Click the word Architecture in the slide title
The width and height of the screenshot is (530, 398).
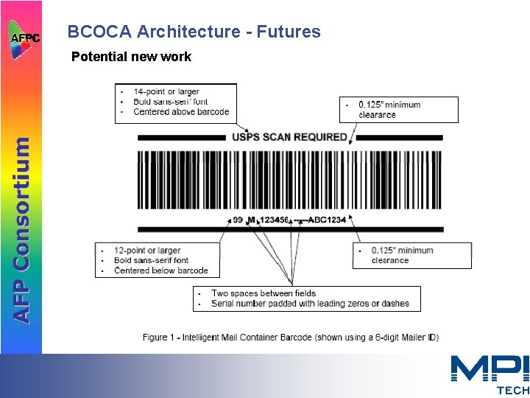[188, 32]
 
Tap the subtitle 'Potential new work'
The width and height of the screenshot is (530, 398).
[131, 57]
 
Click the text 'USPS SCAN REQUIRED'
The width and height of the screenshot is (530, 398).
[289, 137]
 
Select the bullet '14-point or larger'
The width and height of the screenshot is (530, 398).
[166, 92]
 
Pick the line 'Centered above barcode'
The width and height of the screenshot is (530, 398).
[181, 112]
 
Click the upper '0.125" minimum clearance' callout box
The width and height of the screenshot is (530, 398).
[398, 110]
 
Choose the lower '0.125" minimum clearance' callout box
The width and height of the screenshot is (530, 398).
[411, 255]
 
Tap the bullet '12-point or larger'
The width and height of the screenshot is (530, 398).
[147, 251]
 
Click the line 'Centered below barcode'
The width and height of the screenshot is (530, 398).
[161, 270]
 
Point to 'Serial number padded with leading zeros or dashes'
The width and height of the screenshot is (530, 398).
[310, 304]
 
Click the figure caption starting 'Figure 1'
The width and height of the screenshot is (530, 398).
[291, 338]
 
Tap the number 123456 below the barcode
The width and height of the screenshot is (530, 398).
[275, 220]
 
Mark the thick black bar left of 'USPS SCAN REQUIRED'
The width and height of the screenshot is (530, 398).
[182, 137]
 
